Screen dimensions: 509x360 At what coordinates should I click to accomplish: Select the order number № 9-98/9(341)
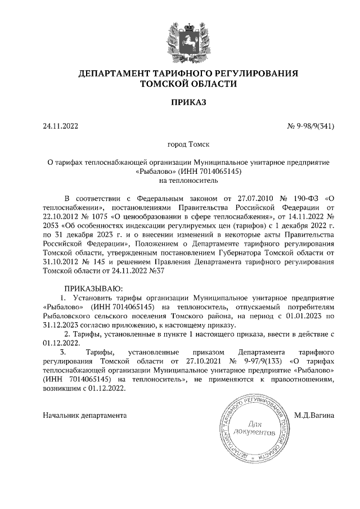click(311, 126)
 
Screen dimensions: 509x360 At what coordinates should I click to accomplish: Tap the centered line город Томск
click(188, 145)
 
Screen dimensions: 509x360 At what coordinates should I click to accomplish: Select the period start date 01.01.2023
click(300, 317)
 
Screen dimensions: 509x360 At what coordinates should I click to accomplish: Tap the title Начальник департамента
click(84, 416)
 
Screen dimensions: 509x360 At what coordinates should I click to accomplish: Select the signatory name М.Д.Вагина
click(314, 416)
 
